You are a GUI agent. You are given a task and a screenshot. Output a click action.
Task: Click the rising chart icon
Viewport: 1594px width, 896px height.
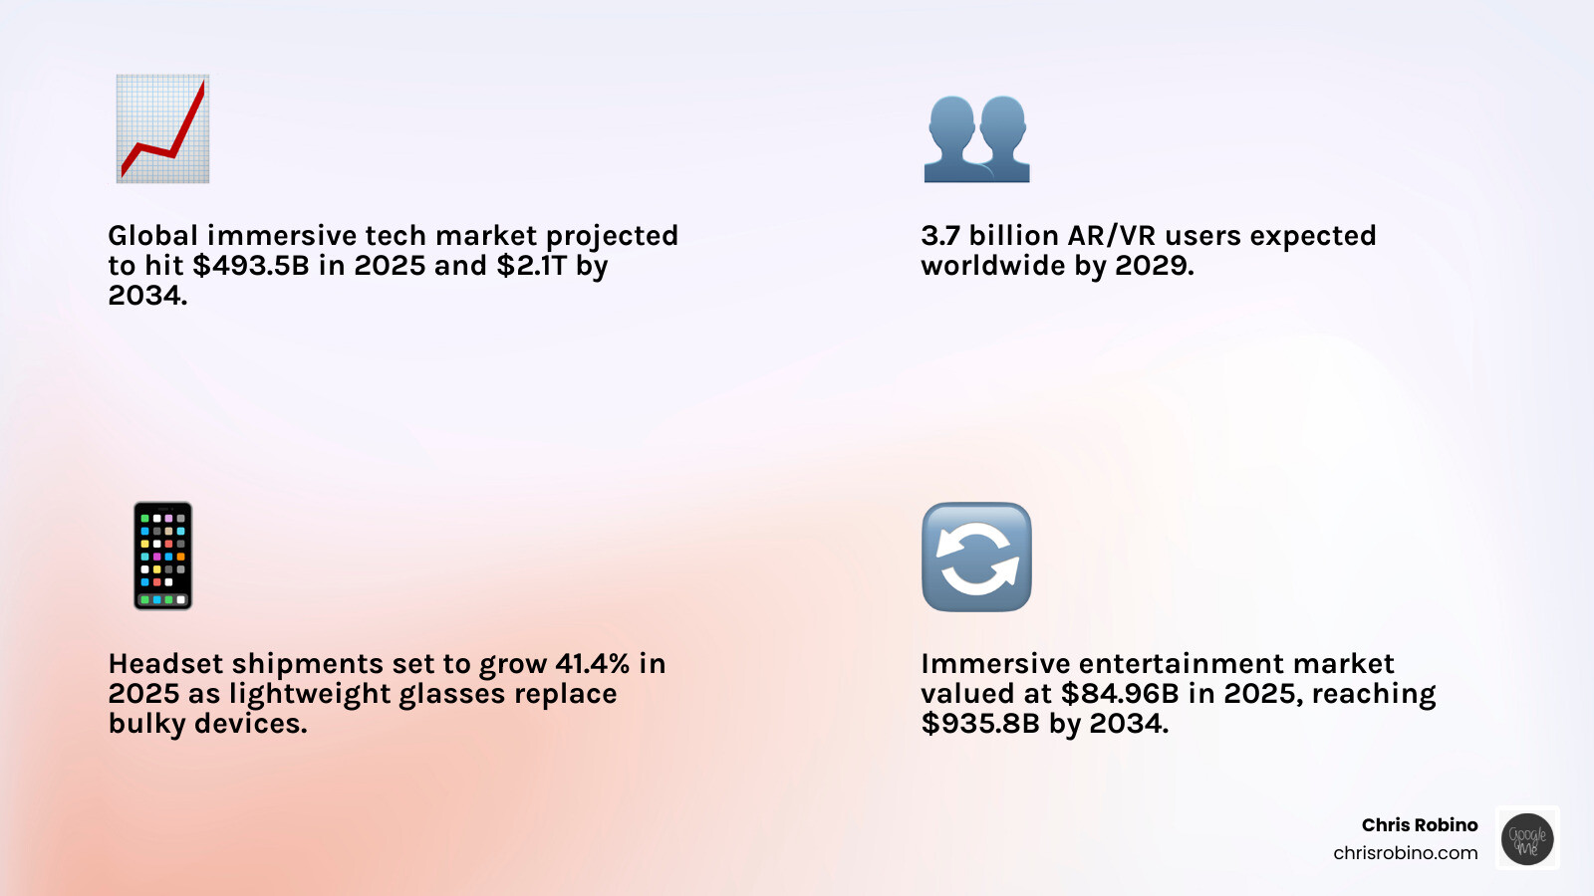tap(162, 128)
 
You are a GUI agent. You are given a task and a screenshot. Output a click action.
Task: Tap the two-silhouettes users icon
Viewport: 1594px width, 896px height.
tap(976, 138)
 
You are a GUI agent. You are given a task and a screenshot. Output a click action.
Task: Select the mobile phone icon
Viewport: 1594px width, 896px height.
tap(162, 556)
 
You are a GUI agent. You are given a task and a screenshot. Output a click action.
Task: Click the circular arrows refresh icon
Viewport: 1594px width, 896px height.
tap(976, 557)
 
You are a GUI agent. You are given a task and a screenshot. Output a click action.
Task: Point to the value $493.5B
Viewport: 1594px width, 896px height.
tap(251, 266)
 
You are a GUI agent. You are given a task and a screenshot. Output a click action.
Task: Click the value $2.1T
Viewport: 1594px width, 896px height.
tap(531, 266)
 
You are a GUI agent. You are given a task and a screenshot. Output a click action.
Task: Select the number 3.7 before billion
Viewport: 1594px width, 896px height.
tap(940, 236)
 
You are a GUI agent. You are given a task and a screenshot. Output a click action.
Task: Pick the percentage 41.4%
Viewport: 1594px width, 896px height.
tap(593, 664)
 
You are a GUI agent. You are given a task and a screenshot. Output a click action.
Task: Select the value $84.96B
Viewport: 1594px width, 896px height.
tap(1120, 694)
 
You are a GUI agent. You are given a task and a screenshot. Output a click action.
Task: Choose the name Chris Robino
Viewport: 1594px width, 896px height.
tap(1420, 825)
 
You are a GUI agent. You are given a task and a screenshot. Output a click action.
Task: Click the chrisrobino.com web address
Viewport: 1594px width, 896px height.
tap(1405, 853)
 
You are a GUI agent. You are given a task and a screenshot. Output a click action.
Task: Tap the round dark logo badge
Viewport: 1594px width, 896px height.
tap(1527, 838)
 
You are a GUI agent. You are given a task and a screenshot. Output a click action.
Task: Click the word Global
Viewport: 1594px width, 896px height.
tap(153, 236)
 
